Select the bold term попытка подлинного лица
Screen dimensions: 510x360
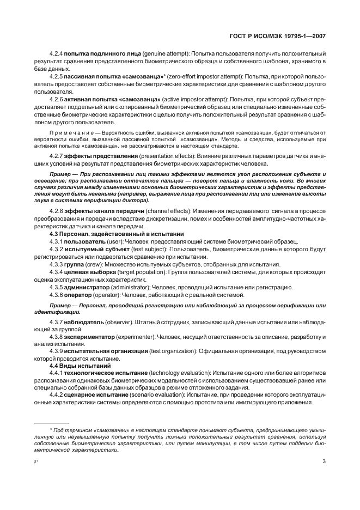[102, 54]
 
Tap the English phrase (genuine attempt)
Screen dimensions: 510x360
[165, 54]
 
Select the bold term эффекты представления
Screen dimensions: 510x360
[96, 156]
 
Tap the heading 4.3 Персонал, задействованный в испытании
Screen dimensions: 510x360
[109, 234]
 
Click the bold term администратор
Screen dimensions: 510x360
[87, 287]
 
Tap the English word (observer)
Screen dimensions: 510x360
[119, 323]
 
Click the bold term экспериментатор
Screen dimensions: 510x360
[90, 338]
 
